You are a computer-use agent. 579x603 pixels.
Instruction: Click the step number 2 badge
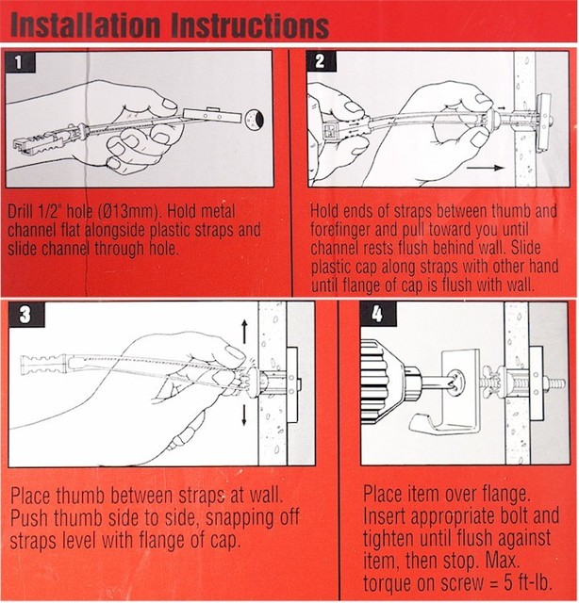321,63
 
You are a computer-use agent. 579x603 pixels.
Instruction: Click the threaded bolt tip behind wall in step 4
557,384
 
